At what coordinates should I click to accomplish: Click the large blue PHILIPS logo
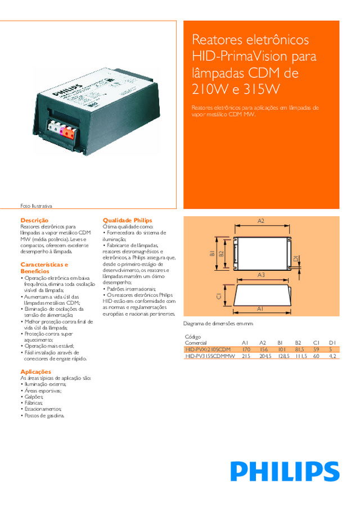point(285,471)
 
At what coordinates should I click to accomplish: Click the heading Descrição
point(34,220)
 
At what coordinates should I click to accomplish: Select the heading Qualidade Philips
point(127,220)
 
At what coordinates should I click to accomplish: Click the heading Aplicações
point(35,372)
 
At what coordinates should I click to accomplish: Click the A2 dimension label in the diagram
point(260,220)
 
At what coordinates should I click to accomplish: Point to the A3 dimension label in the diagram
point(260,274)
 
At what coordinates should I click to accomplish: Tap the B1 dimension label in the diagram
point(213,254)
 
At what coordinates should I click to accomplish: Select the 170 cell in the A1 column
point(246,350)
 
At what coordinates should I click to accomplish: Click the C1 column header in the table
point(316,342)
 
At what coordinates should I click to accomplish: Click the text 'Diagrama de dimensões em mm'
point(219,324)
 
